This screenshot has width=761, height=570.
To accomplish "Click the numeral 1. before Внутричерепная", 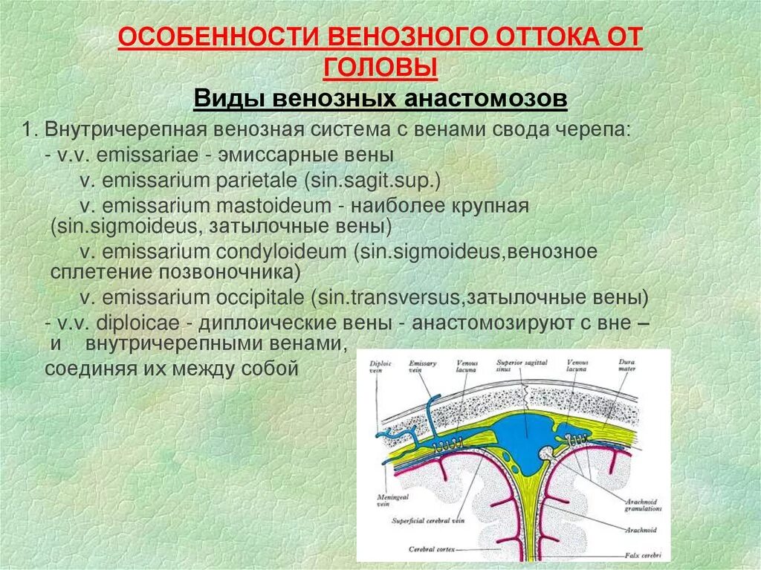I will [x=29, y=130].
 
